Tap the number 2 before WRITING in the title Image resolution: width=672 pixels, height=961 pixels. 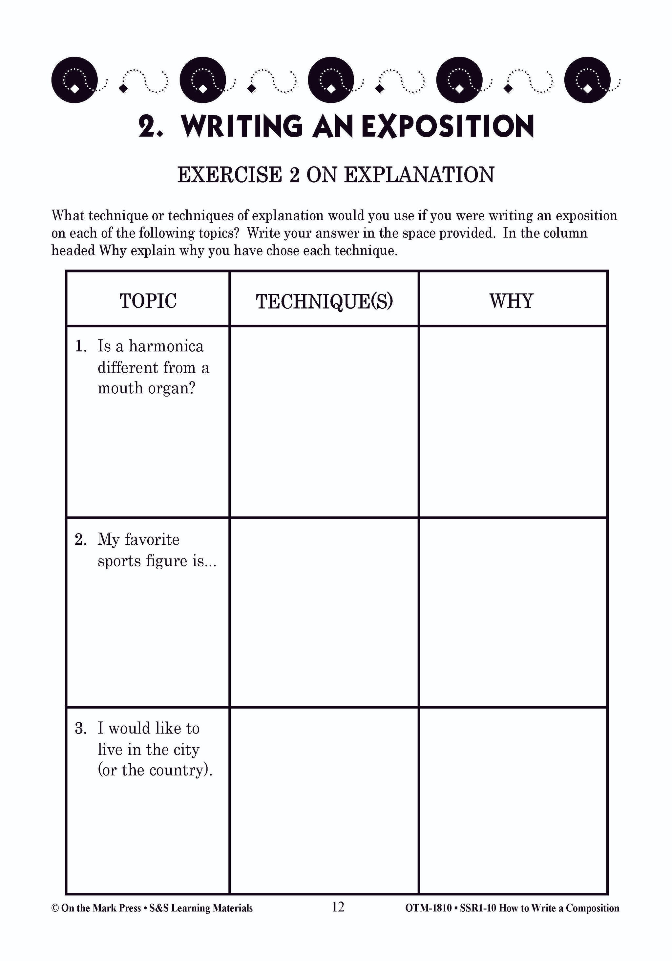pos(147,126)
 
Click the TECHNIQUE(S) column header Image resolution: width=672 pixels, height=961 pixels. pos(324,301)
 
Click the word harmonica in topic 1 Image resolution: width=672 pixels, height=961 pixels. pos(166,346)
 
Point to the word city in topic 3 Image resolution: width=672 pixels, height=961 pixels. pos(185,750)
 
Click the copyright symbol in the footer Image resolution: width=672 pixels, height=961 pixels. pos(55,908)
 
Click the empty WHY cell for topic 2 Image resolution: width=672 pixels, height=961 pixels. pos(513,613)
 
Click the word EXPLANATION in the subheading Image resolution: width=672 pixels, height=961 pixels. pos(419,175)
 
